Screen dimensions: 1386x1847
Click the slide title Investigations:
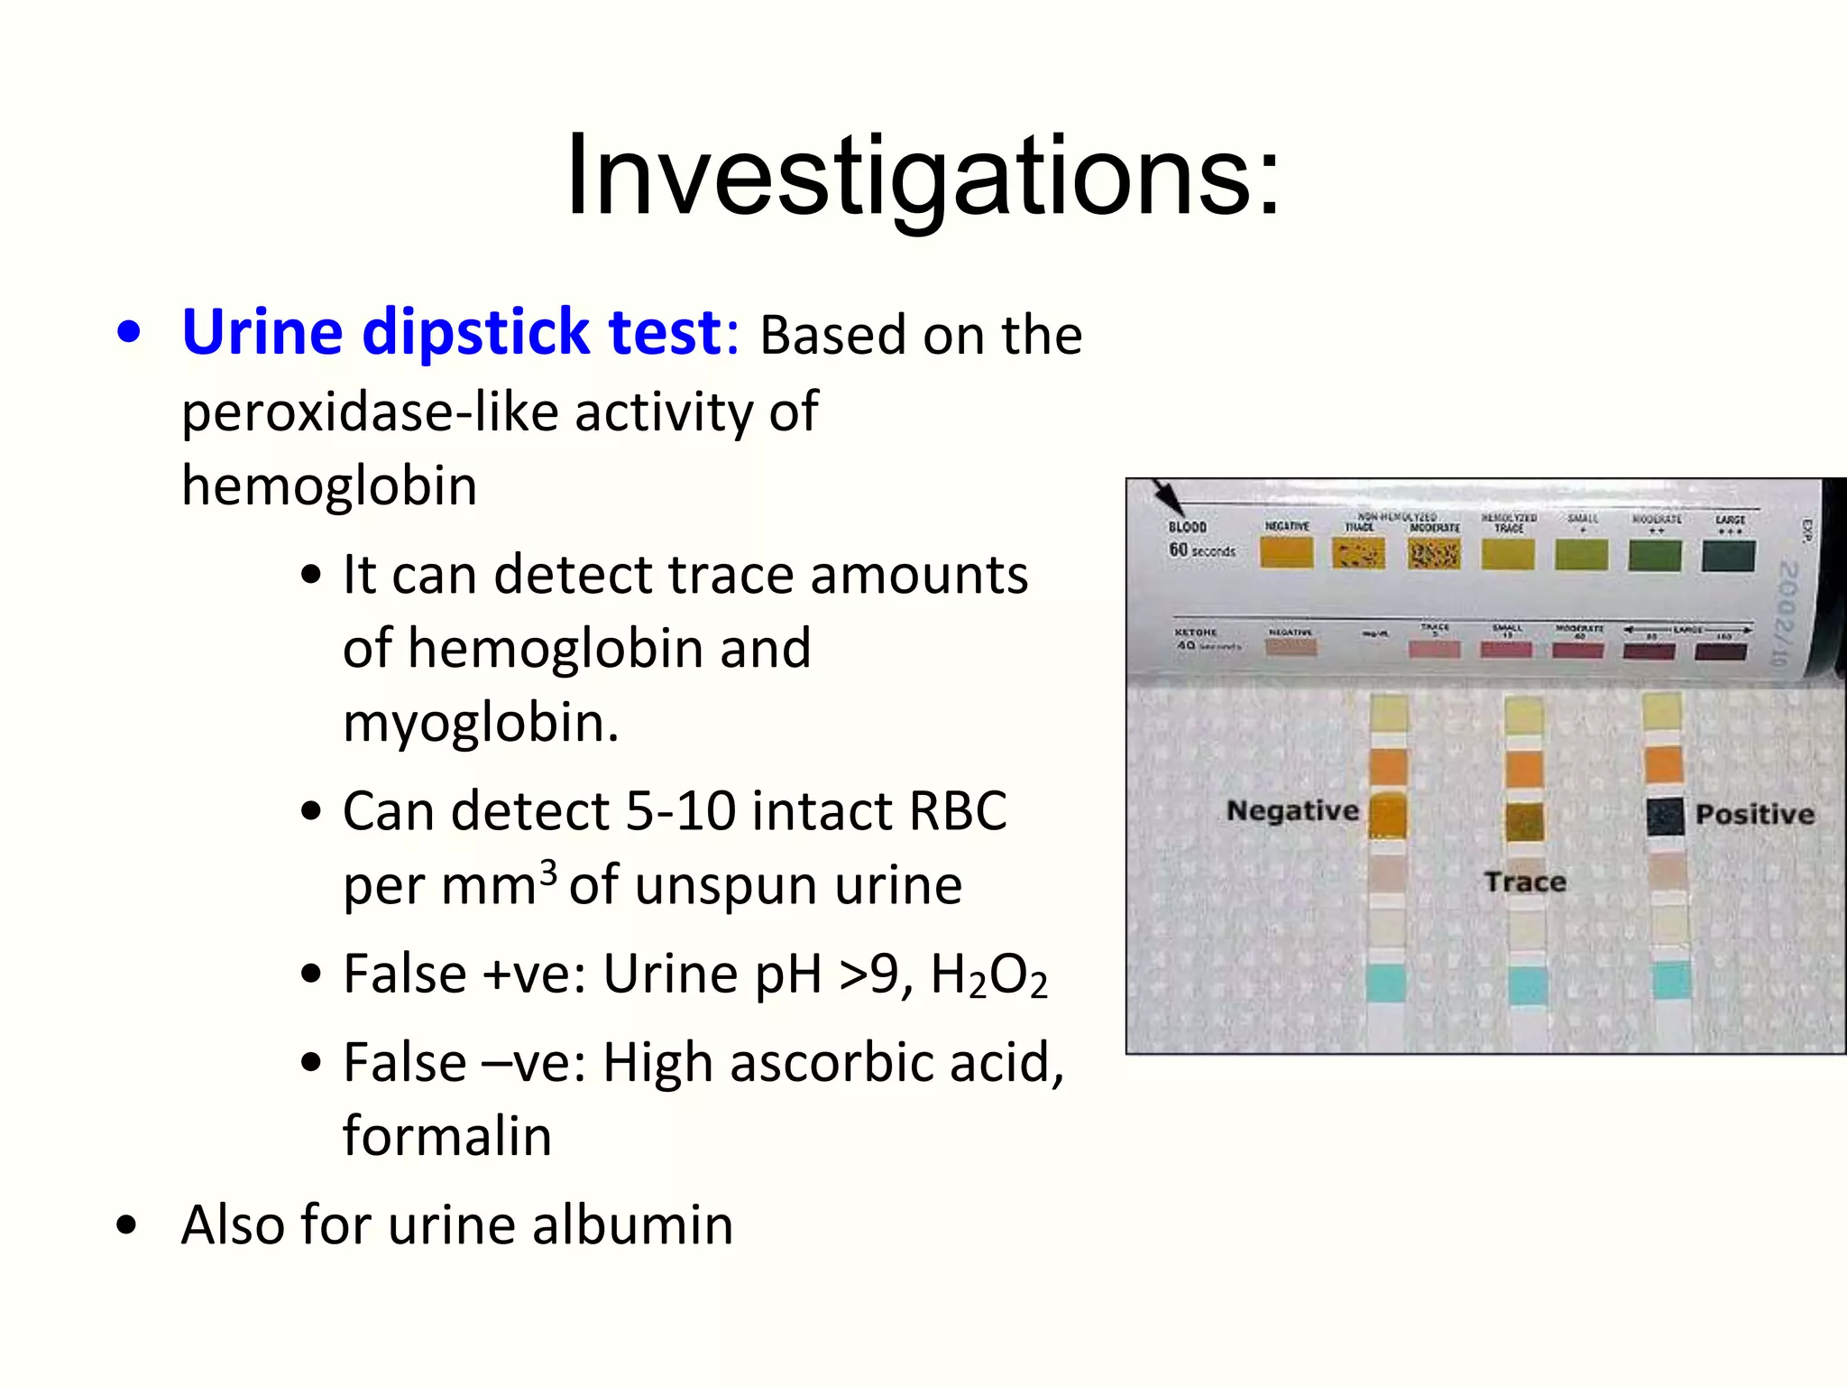tap(922, 176)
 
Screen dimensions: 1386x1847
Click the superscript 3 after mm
tap(548, 872)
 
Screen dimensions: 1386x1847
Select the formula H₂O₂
tap(988, 976)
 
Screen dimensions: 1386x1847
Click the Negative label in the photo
tap(1291, 810)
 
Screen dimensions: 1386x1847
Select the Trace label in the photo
tap(1525, 882)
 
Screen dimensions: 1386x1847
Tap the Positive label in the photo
tap(1754, 814)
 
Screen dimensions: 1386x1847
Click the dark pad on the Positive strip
tap(1665, 817)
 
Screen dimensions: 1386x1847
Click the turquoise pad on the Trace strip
tap(1527, 984)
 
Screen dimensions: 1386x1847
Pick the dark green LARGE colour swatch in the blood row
tap(1727, 556)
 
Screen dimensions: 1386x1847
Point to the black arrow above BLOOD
tap(1167, 497)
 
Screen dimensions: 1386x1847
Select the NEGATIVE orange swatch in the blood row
tap(1286, 553)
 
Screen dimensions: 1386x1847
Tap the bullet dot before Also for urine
tap(127, 1225)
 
